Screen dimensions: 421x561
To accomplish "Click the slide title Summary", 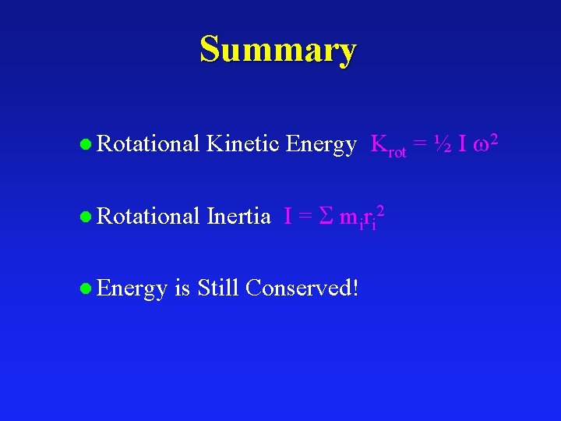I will (278, 50).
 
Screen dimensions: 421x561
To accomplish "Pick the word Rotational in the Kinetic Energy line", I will (149, 144).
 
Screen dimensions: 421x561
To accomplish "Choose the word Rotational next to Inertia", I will (149, 216).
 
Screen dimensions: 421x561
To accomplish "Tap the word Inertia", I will (238, 216).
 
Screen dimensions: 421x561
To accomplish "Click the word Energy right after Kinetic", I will (321, 145).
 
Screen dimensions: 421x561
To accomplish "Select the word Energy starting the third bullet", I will (132, 289).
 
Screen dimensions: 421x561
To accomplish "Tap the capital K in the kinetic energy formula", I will (379, 144).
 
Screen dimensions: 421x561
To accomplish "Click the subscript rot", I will (397, 152).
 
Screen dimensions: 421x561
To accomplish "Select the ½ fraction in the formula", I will (442, 144).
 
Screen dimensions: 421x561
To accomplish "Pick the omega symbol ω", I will (478, 147).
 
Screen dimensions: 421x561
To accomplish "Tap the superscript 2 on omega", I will (492, 137).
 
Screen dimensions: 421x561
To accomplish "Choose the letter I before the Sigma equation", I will (288, 216).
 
